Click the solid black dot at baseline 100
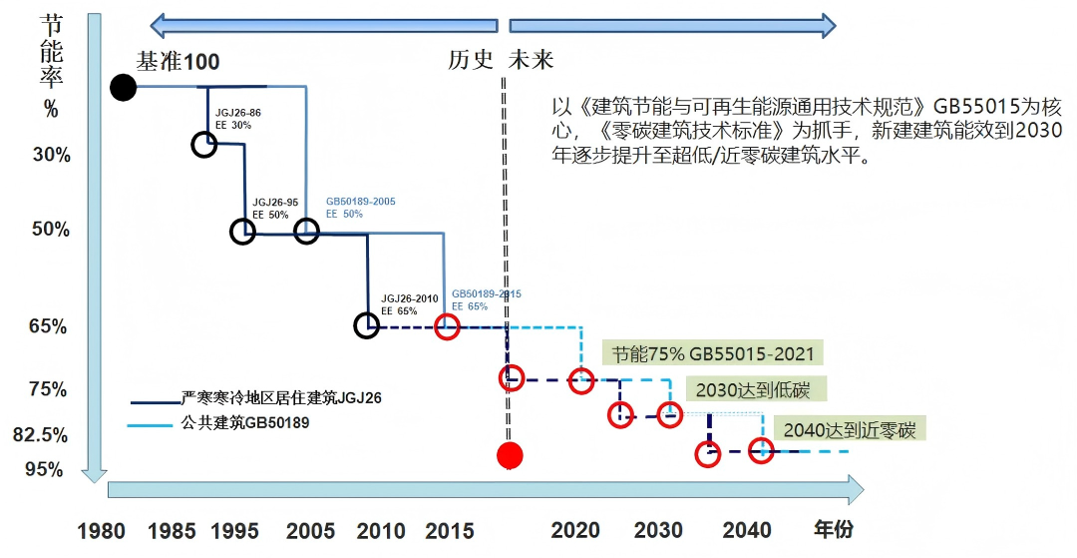(x=123, y=88)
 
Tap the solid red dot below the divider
(x=510, y=456)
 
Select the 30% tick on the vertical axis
(x=51, y=155)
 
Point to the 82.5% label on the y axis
(x=41, y=435)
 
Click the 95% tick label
(x=45, y=469)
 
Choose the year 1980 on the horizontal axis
(x=101, y=530)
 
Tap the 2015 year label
(x=450, y=530)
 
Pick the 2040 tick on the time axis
(x=747, y=530)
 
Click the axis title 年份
(x=834, y=529)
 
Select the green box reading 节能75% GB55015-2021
(x=713, y=354)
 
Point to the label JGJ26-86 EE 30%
(x=238, y=119)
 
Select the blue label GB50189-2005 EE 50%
(x=361, y=208)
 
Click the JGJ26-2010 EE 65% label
(x=410, y=304)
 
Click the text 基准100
(x=179, y=62)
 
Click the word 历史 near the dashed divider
(x=472, y=60)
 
